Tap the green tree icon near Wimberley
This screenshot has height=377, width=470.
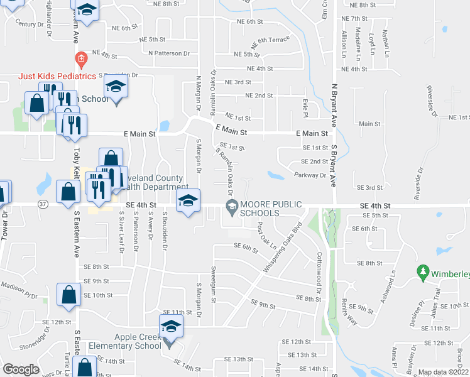click(423, 273)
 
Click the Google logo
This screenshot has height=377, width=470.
click(21, 369)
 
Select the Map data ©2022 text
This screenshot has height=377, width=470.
click(444, 372)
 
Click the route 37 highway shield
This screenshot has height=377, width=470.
click(43, 204)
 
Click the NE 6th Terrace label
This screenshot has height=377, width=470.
click(270, 43)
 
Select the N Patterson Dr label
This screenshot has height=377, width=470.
click(169, 53)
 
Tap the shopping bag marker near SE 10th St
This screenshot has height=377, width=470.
click(68, 295)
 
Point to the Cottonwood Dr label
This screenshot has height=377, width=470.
click(319, 273)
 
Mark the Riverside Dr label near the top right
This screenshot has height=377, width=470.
click(432, 101)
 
